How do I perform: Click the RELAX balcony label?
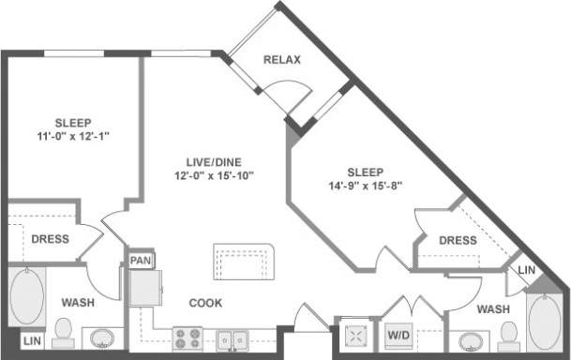point(281,60)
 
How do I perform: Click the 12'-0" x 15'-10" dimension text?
point(214,174)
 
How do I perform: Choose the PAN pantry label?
point(141,260)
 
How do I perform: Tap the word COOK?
point(205,303)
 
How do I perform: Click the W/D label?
point(398,335)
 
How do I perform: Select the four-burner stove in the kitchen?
point(187,338)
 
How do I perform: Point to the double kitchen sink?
point(232,338)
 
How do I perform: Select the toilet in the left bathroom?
point(64,330)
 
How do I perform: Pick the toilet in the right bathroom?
point(509,333)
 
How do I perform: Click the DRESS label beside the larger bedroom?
point(457,240)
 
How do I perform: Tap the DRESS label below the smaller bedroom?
point(50,238)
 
